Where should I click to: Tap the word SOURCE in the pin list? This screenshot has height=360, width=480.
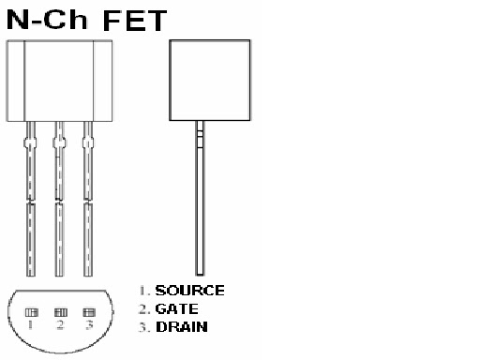(x=189, y=291)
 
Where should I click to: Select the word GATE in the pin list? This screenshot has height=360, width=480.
(x=176, y=308)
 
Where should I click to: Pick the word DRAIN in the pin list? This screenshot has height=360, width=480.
(x=181, y=326)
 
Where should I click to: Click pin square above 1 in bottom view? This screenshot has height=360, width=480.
(x=30, y=312)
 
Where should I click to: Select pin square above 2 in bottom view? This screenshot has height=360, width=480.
(x=60, y=312)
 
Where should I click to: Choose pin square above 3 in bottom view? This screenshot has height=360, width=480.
(x=89, y=312)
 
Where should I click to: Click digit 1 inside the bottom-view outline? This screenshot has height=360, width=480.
(x=30, y=325)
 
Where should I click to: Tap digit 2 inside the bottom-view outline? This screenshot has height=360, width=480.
(x=60, y=325)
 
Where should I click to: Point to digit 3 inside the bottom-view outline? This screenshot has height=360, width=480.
(x=89, y=325)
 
